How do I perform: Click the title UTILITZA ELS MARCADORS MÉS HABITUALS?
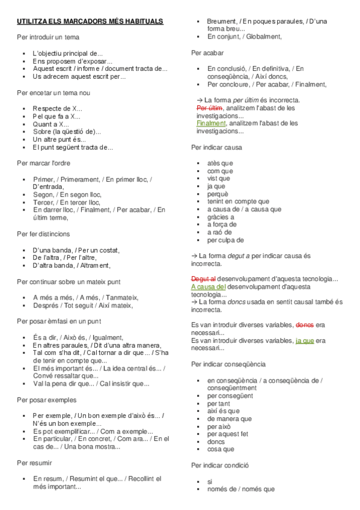pos(90,22)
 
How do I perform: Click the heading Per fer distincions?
pos(43,234)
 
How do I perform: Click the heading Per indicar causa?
pos(216,147)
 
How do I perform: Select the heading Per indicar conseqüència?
pos(228,364)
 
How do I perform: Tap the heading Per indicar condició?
pos(220,465)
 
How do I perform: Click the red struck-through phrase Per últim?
pos(206,108)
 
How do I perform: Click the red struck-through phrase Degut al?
pos(203,278)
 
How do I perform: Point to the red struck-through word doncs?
pos(305,325)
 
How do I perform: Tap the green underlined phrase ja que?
pos(305,340)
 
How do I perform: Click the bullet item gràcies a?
pos(221,217)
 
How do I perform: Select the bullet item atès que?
pos(220,163)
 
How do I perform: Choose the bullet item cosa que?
pos(221,449)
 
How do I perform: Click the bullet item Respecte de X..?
pos(57,108)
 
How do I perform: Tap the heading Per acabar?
pos(207,53)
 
